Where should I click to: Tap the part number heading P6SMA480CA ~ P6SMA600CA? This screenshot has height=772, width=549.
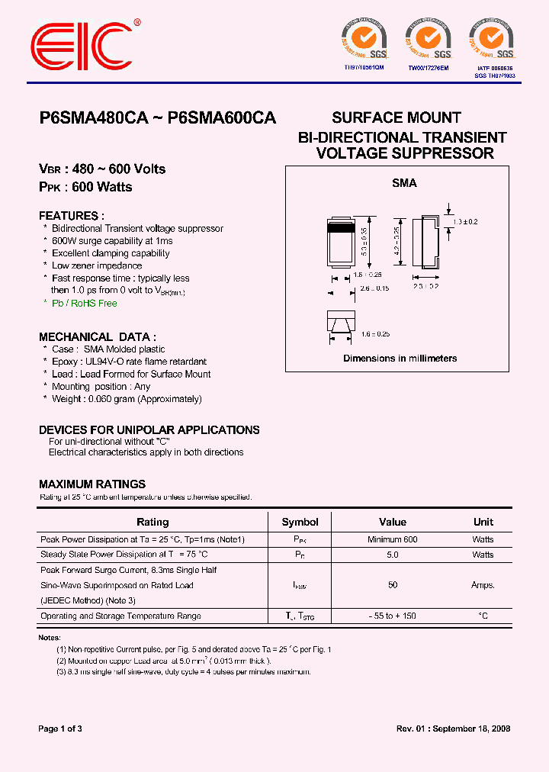pos(157,118)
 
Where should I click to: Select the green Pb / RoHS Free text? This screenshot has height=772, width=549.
pos(85,303)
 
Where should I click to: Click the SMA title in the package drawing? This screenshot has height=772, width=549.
pos(404,183)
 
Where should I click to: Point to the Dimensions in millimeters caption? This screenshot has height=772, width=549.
pos(400,358)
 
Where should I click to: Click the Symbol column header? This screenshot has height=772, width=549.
pos(300,522)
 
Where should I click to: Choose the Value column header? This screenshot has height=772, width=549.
pos(393,522)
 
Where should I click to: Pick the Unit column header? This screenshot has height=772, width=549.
pos(483,522)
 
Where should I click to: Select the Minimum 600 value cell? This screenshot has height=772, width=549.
pos(393,539)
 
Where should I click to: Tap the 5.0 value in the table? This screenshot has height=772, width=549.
pos(393,555)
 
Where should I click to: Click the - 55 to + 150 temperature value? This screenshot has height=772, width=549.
pos(393,616)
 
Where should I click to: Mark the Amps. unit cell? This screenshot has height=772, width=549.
pos(483,585)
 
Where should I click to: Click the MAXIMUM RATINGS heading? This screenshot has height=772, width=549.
pos(92,484)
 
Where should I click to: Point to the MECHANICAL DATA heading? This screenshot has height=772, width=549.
pos(98,336)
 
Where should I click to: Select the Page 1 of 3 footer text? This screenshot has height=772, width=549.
pos(60,729)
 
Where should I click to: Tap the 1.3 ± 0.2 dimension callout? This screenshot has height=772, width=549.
pos(464,221)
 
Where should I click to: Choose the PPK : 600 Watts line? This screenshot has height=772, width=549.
pos(85,187)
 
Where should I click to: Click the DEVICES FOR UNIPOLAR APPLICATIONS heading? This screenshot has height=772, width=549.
pos(149,429)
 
